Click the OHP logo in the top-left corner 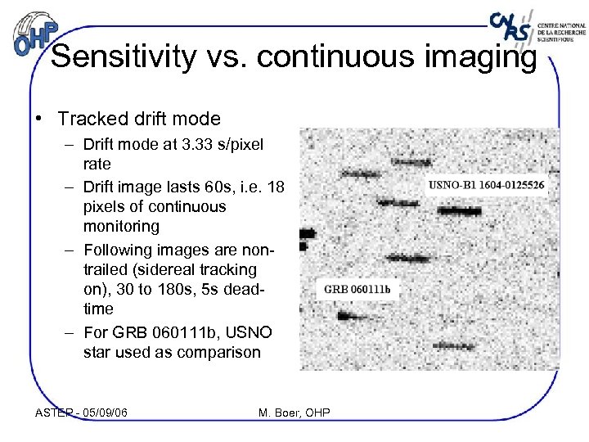click(37, 34)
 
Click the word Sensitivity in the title click(124, 57)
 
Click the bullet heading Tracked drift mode click(139, 119)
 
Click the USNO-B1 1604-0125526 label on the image click(486, 186)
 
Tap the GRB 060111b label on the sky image click(357, 290)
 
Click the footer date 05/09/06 click(106, 413)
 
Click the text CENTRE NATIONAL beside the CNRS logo click(561, 25)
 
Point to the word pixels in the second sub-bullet click(105, 206)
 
